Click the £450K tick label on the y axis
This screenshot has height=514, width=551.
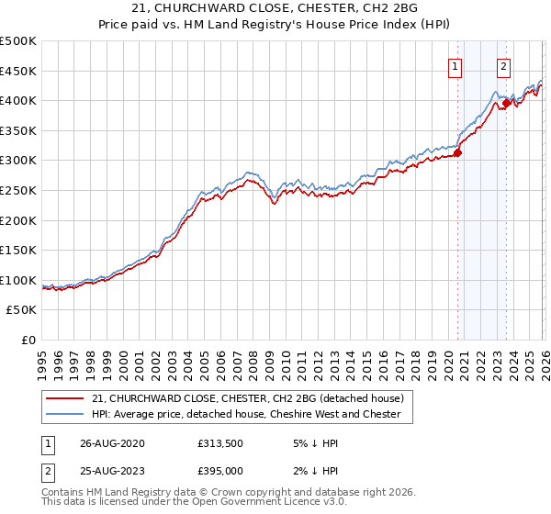[18, 71]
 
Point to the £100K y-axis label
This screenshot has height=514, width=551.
[18, 280]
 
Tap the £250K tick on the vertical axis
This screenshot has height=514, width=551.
[18, 190]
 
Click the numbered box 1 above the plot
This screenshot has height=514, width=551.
[456, 66]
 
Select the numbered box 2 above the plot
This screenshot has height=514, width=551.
[504, 66]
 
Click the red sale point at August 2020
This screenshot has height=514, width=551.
[457, 152]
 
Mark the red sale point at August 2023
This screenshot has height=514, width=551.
[506, 104]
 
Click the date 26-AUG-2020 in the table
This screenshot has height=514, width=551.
[112, 443]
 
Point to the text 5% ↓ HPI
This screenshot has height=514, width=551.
[314, 443]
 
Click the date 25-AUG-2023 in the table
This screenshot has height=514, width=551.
[112, 471]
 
